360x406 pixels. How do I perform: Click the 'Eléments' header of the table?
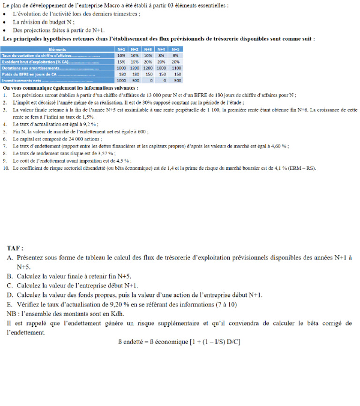(x=57, y=49)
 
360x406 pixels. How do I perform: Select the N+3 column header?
(x=148, y=49)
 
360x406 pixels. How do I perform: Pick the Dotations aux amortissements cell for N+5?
(x=177, y=68)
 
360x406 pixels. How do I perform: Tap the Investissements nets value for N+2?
(x=135, y=80)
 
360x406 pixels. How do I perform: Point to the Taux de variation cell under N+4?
(x=162, y=55)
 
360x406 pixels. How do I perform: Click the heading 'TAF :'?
(x=15, y=248)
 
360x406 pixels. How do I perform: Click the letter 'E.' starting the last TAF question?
(x=10, y=304)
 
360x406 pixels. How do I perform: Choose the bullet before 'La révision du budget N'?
(x=5, y=22)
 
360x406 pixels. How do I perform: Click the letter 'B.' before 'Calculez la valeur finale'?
(x=10, y=276)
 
